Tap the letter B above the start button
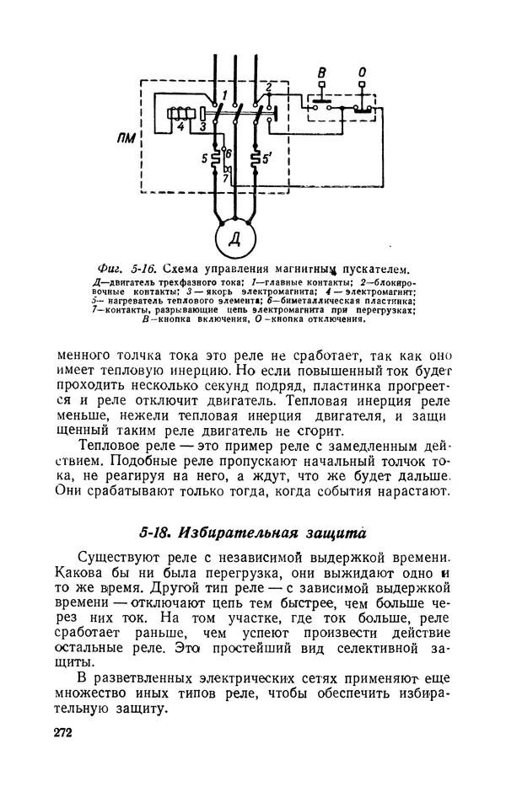click(321, 74)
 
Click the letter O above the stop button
click(361, 74)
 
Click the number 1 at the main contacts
click(225, 91)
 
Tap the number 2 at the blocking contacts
click(267, 87)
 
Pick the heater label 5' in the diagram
click(269, 157)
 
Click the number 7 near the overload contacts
click(225, 180)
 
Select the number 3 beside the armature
click(202, 127)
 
